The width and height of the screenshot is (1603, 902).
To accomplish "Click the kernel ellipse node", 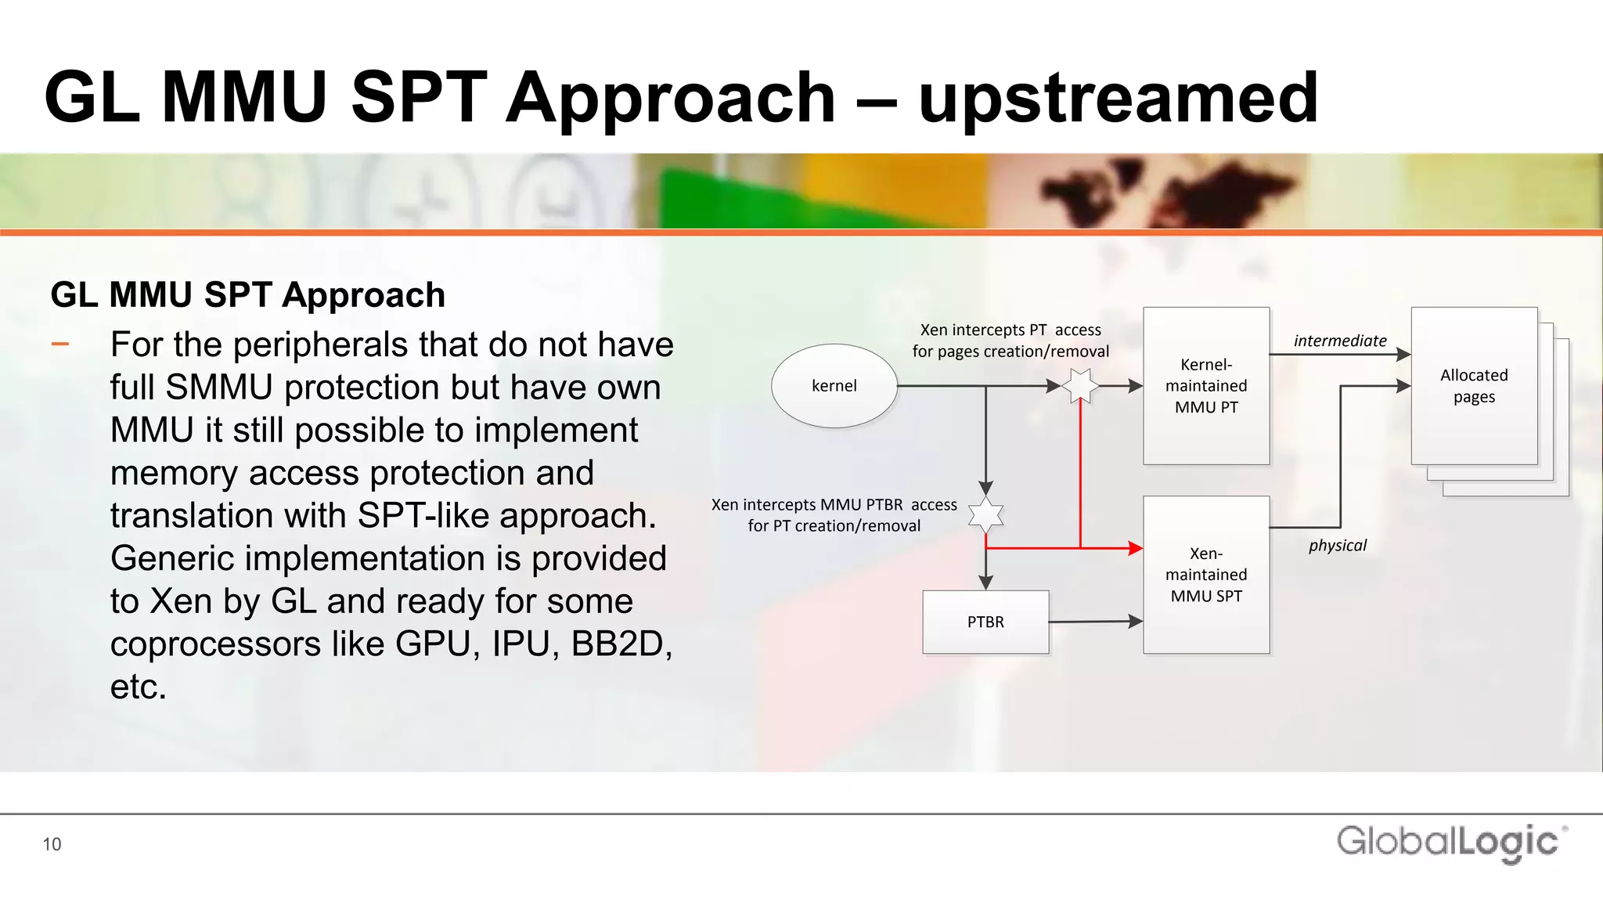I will click(834, 386).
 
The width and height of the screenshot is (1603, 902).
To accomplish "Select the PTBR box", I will click(985, 622).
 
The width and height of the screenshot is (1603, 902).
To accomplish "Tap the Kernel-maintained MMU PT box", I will click(1206, 386).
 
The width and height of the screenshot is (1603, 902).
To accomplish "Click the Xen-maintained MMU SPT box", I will click(1206, 575).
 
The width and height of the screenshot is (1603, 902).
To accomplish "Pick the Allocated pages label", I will click(1474, 386).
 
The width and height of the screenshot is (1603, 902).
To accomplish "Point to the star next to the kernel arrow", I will click(1080, 386).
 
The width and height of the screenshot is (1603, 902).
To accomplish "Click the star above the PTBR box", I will click(985, 515).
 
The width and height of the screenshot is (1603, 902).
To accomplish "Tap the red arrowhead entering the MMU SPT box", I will click(1135, 548).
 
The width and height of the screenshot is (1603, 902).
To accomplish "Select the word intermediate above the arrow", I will click(1339, 341).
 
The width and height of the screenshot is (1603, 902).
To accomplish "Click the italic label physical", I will click(1337, 546).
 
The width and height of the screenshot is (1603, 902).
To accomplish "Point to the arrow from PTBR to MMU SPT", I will click(1096, 622).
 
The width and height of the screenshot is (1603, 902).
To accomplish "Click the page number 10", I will click(52, 844).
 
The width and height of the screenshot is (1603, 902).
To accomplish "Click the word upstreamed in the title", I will click(1119, 98).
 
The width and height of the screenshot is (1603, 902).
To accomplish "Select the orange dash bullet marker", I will click(60, 344).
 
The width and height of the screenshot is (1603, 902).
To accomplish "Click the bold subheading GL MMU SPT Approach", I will click(247, 295).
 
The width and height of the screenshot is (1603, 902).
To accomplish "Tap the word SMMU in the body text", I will click(219, 388).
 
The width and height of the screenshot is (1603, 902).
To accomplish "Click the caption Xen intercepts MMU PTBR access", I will click(834, 505).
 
